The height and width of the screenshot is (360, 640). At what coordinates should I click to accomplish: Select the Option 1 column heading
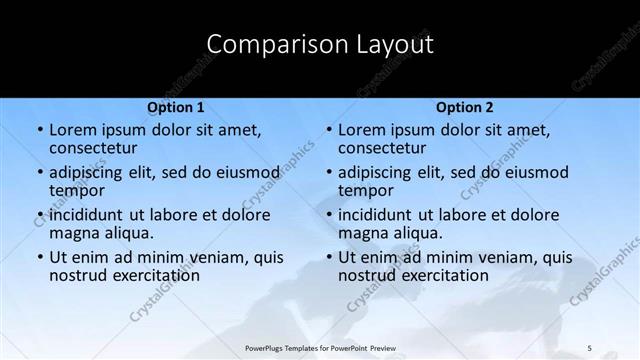176,107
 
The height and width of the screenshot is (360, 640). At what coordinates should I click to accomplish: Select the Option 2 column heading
464,107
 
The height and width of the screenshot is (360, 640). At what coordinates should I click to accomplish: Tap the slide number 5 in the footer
589,346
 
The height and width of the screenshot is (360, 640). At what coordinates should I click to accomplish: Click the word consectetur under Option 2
381,149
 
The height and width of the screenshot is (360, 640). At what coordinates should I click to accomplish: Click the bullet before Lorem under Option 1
40,131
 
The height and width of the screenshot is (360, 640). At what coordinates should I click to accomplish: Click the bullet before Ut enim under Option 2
329,257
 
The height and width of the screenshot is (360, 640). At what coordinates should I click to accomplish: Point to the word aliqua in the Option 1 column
128,233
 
